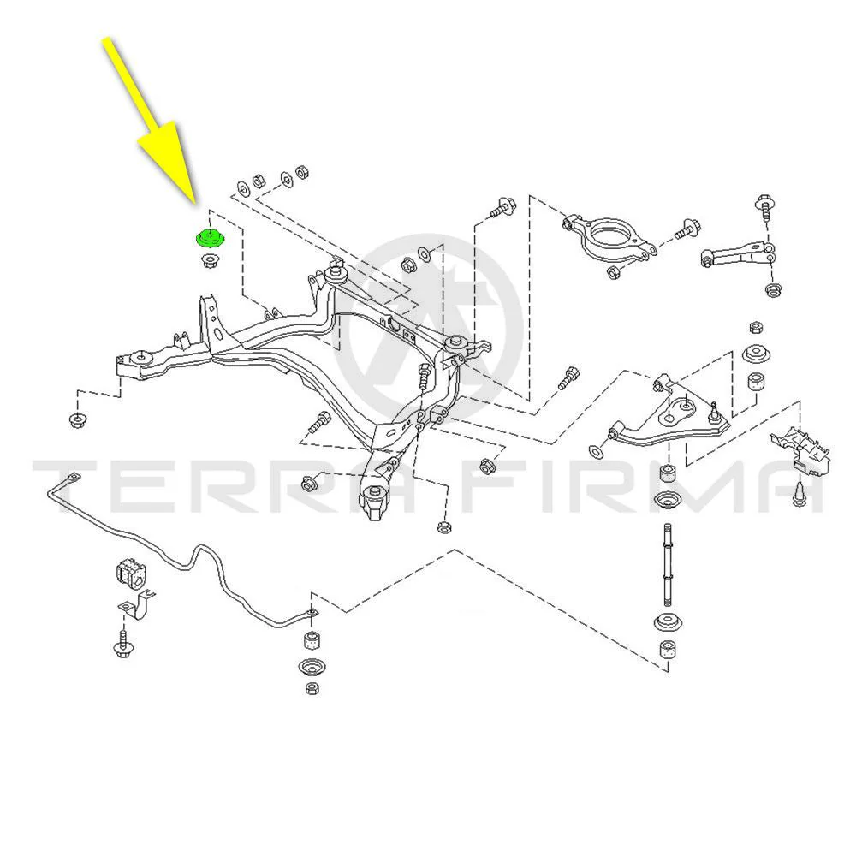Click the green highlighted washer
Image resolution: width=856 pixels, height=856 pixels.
click(211, 237)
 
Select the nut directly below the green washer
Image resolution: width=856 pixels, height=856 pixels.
click(211, 260)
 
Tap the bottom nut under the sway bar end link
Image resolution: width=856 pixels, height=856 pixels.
click(312, 688)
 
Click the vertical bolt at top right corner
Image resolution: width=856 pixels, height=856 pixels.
click(764, 206)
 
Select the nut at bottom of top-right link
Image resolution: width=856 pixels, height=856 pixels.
click(772, 289)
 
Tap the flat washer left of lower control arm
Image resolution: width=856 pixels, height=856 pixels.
click(595, 451)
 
